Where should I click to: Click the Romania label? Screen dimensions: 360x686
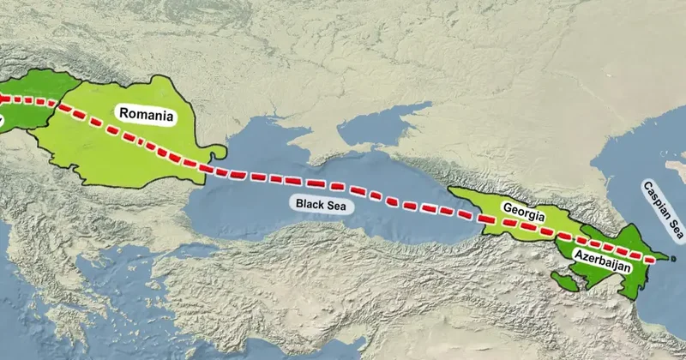click(147, 114)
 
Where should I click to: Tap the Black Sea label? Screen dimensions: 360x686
click(324, 203)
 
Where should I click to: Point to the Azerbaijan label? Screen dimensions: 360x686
click(603, 259)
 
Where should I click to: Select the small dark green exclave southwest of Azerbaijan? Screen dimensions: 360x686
click(567, 279)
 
